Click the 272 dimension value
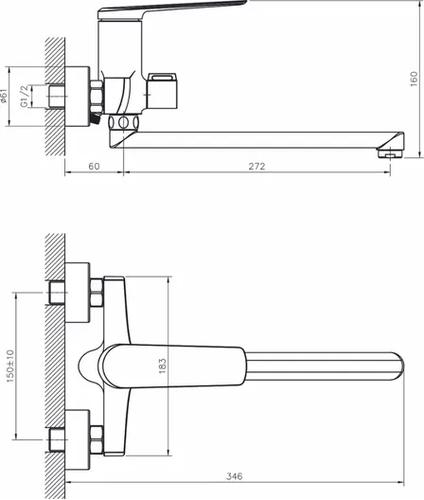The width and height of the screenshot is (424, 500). (x=256, y=166)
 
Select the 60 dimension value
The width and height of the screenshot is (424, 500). (x=94, y=166)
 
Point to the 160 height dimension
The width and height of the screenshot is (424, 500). (x=414, y=79)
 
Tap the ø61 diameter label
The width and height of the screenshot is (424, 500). (x=4, y=96)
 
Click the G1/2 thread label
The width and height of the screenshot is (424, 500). (x=25, y=97)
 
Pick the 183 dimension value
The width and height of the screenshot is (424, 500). (x=162, y=366)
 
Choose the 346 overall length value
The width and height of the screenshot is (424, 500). (x=235, y=476)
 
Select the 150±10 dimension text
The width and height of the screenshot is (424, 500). (x=10, y=366)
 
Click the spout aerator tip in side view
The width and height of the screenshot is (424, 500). (x=390, y=153)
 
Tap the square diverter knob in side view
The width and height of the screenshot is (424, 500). (x=162, y=91)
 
